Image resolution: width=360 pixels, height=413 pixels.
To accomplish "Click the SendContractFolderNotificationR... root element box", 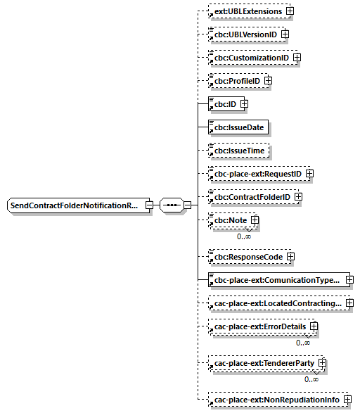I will pos(75,205).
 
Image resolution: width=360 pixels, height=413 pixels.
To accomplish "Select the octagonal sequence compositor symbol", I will pos(171,205).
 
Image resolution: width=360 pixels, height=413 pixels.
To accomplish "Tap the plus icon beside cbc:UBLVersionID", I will pos(285,34).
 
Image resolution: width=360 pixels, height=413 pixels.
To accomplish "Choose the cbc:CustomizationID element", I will pos(251,57).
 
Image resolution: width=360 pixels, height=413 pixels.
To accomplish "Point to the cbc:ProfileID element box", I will pos(236,81).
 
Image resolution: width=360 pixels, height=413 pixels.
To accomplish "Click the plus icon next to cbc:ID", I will pos(244,104).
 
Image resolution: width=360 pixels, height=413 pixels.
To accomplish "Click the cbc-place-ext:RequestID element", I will pos(257,173).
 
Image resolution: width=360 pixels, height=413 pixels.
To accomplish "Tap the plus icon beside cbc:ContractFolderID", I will pos(297,196).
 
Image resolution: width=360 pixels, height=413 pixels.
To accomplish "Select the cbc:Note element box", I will pos(230,220).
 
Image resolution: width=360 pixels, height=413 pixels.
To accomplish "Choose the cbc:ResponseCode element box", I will pos(247,257).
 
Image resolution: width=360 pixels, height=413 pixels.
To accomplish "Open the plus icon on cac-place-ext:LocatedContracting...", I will pos(349,303).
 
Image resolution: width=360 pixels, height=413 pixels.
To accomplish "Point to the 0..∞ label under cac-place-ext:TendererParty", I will pos(311,379).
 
